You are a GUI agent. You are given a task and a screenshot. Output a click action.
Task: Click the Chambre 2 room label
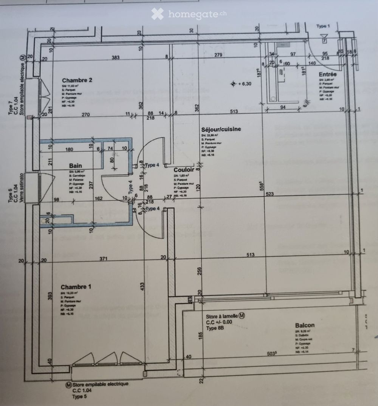point(77,80)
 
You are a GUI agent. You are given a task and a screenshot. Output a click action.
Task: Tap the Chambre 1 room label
point(76,286)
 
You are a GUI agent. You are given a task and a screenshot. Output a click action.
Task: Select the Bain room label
point(76,166)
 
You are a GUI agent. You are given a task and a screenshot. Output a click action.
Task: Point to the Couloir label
point(184,170)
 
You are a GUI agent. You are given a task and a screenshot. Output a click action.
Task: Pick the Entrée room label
point(327,74)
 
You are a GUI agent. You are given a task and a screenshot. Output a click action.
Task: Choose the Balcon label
point(305,325)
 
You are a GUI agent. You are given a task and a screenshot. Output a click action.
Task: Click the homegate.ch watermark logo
point(189,14)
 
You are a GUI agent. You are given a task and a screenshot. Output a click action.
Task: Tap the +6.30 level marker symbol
point(234,84)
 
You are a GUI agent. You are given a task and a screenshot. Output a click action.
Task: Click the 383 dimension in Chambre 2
point(116,57)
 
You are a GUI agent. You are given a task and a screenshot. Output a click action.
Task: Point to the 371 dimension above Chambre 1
point(104,259)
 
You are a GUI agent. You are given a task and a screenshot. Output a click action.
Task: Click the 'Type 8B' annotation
point(215,329)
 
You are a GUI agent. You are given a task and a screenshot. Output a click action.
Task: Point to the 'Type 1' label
point(323,26)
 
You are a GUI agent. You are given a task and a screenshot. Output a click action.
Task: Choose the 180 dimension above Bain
point(69,149)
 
